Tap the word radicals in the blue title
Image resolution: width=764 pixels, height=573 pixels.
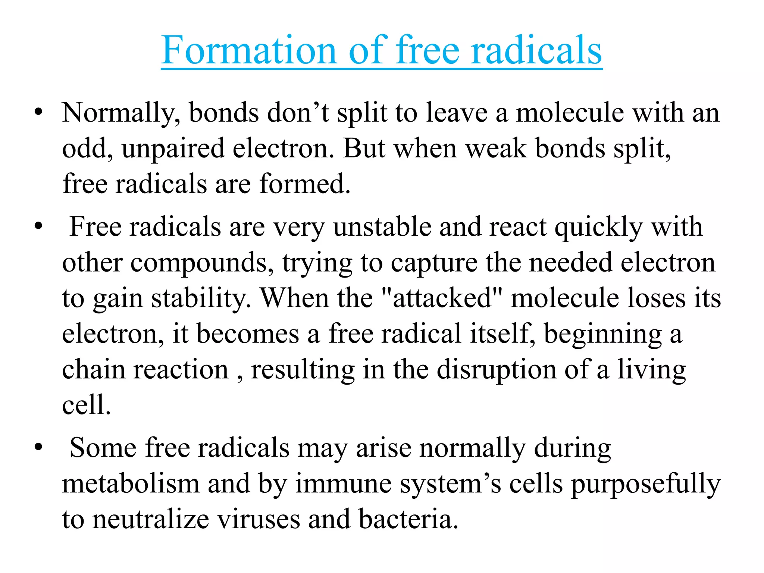(536, 50)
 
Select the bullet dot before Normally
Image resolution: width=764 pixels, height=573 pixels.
(38, 112)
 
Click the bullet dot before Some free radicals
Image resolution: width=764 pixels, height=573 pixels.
(38, 447)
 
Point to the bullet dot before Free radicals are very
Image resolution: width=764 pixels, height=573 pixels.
(38, 226)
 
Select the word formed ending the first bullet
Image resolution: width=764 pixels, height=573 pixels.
(304, 184)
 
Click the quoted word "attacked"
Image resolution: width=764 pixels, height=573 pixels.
(442, 298)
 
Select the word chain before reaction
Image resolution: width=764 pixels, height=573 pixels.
(94, 369)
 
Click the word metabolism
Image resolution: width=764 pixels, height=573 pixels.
(131, 483)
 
